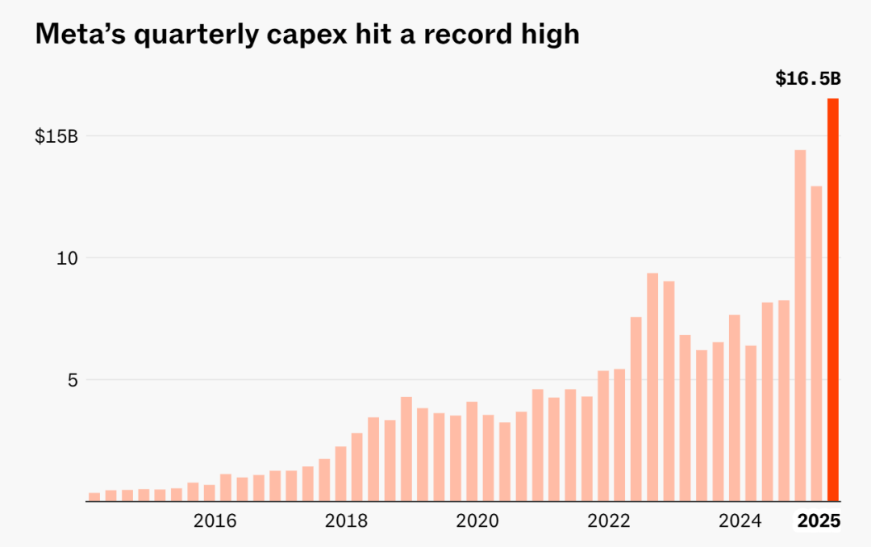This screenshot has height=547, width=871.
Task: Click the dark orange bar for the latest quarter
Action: click(x=832, y=299)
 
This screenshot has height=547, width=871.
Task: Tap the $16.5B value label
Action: click(x=807, y=78)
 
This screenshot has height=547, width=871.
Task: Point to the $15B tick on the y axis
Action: click(x=56, y=136)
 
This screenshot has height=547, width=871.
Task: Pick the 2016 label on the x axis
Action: click(x=215, y=521)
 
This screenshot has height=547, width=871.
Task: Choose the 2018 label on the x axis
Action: click(x=347, y=521)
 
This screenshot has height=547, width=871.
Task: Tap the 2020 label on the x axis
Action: click(x=477, y=521)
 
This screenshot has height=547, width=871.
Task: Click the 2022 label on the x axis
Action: click(x=609, y=521)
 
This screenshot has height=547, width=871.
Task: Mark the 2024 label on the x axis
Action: click(x=740, y=521)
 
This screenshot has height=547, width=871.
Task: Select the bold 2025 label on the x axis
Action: click(x=819, y=521)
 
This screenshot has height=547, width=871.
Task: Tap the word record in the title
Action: click(x=466, y=34)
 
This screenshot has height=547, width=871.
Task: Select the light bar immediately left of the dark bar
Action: click(x=816, y=343)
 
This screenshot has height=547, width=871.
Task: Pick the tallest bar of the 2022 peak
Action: click(x=652, y=386)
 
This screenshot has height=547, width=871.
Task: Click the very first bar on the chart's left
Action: click(x=94, y=496)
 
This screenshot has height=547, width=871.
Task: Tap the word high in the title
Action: click(x=551, y=34)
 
